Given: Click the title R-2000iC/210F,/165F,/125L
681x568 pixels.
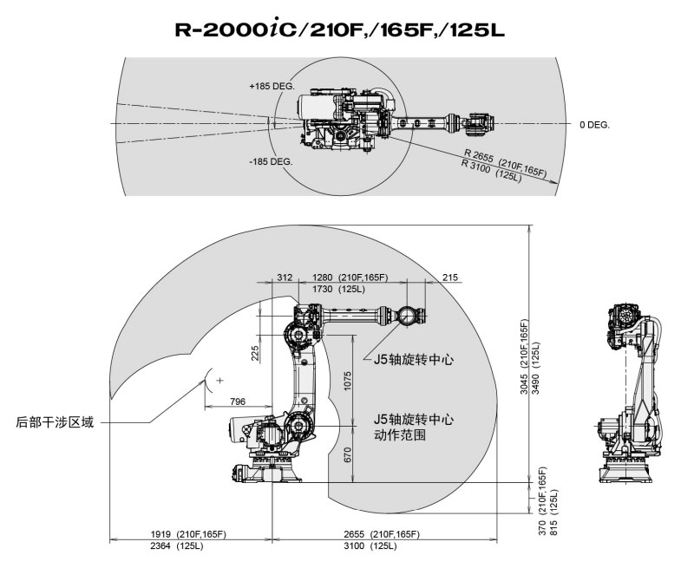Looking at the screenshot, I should [339, 29].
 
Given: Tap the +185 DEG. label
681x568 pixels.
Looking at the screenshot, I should [272, 87].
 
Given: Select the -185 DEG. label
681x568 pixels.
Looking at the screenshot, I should [271, 162].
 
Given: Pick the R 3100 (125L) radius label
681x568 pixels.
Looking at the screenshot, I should [490, 175].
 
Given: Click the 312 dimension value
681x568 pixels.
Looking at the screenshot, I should [285, 277].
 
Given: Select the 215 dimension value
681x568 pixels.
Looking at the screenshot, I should [449, 277].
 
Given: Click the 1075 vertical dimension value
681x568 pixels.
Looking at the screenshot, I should [348, 383].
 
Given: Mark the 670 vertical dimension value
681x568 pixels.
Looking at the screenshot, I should [348, 454].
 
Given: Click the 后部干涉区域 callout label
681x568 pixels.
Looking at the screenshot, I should [55, 422].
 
